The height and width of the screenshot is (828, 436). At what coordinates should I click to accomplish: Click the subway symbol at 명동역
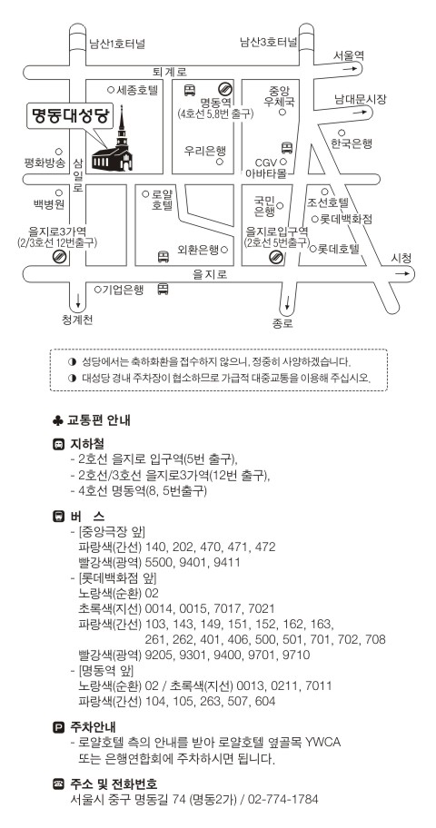click(224, 89)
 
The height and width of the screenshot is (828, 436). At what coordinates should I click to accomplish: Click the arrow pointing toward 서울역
click(350, 69)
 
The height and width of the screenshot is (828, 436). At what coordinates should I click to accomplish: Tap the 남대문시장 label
click(361, 99)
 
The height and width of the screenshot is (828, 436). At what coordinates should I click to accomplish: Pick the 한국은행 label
click(352, 143)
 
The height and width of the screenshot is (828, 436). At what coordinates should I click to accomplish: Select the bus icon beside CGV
click(287, 147)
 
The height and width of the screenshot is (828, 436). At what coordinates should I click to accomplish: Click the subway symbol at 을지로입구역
click(275, 257)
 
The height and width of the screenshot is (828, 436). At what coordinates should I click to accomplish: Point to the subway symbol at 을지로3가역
click(60, 257)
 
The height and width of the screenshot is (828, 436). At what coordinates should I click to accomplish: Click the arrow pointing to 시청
click(402, 273)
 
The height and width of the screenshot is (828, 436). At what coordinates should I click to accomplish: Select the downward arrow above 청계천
click(78, 301)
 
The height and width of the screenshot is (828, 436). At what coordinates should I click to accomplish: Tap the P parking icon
click(58, 727)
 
